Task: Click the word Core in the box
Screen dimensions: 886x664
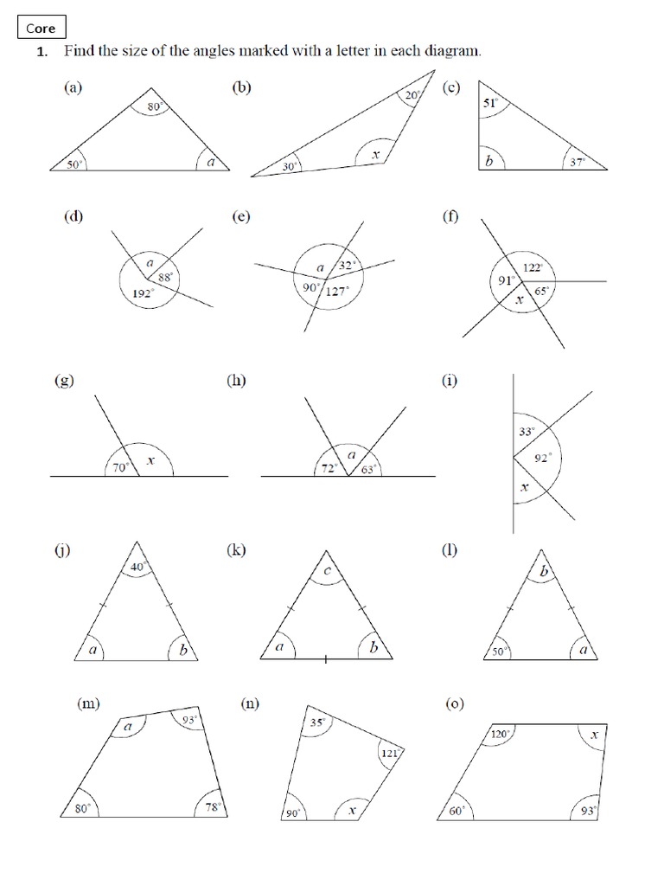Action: (41, 29)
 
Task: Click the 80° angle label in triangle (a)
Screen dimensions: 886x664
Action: (155, 107)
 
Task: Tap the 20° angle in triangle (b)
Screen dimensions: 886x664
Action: (412, 96)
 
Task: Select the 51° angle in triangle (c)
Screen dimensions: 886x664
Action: (489, 104)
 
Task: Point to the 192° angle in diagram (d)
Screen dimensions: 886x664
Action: (142, 293)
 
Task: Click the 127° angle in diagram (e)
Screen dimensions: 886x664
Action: (336, 292)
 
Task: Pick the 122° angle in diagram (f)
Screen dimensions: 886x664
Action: (533, 269)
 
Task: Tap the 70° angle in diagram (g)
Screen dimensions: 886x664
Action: (122, 466)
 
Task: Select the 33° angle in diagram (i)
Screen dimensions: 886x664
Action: (527, 430)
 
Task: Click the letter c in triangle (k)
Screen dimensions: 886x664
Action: (327, 572)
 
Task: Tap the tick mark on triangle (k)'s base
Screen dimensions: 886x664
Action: (326, 661)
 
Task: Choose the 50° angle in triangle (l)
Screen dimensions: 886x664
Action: (501, 652)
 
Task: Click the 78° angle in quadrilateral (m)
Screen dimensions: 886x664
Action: (213, 806)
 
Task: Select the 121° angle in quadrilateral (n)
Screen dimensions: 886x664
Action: (388, 754)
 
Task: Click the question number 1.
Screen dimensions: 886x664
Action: (41, 52)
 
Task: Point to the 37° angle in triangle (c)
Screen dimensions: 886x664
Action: (577, 162)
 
